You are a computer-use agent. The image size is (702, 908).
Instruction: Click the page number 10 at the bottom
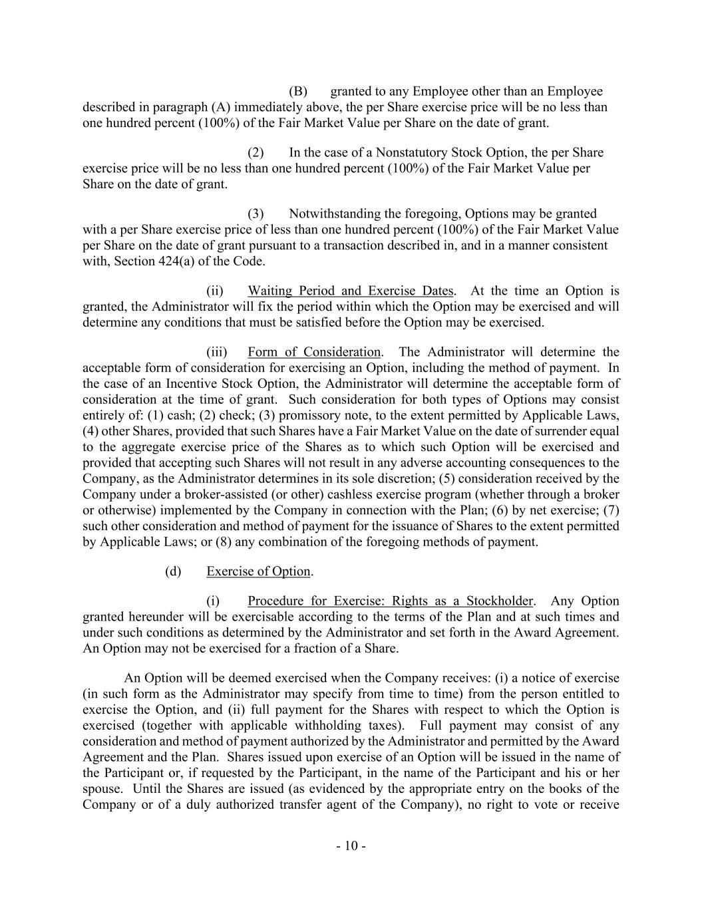click(351, 846)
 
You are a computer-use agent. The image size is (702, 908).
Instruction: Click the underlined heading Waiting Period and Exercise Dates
click(351, 291)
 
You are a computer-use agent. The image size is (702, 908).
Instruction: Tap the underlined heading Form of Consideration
click(314, 352)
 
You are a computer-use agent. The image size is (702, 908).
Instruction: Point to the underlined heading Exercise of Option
click(258, 571)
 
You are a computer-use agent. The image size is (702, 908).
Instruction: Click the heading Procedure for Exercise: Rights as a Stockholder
click(390, 601)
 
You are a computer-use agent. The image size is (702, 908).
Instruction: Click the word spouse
click(102, 789)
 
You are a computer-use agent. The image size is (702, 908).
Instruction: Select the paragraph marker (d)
click(172, 571)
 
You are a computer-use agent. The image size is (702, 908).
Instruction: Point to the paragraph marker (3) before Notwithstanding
click(256, 214)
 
